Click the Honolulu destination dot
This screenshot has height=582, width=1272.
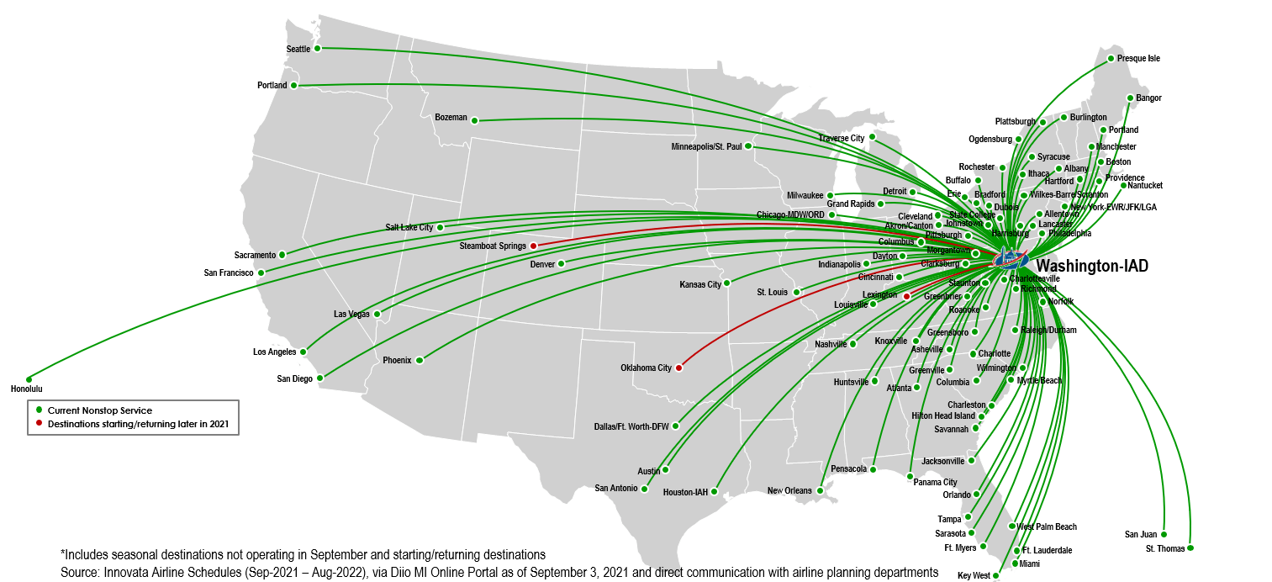[x=29, y=379]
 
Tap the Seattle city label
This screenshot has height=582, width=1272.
[x=298, y=49]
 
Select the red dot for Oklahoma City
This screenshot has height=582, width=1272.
[x=678, y=368]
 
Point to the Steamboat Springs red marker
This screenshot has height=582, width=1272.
[x=533, y=246]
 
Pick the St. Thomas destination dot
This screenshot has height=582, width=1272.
[x=1190, y=548]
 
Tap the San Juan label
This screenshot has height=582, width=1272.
[x=1141, y=534]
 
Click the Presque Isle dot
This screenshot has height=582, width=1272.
[x=1111, y=59]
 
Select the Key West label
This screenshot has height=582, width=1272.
[x=974, y=576]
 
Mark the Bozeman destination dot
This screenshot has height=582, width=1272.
[x=474, y=120]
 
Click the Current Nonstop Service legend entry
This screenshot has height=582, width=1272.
[x=100, y=410]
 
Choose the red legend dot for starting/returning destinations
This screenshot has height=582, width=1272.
[x=39, y=424]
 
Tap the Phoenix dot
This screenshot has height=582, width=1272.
[x=420, y=360]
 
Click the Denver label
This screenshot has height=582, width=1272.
[x=542, y=264]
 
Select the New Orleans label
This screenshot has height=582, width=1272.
[x=789, y=491]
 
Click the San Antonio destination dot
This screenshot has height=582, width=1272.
[x=645, y=489]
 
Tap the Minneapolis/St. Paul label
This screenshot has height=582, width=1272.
[x=706, y=146]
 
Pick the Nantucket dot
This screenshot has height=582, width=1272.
[x=1124, y=185]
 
